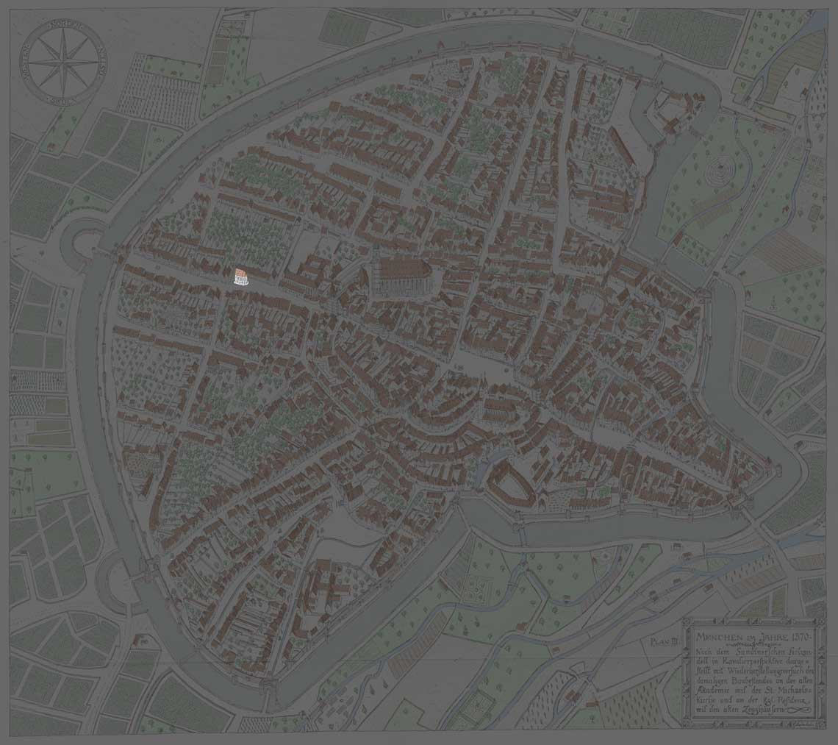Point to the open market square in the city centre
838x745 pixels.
tap(481, 368)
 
